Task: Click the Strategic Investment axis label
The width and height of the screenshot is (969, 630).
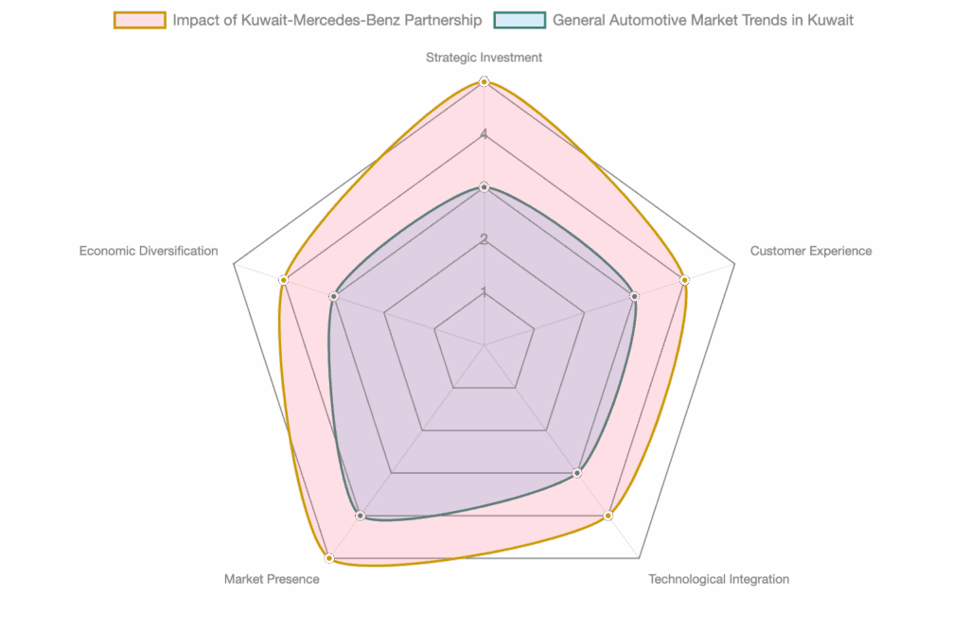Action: click(484, 58)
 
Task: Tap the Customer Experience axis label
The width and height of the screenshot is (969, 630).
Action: click(811, 252)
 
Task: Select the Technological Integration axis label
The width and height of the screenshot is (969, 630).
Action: click(718, 579)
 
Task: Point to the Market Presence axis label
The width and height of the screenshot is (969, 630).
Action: click(272, 579)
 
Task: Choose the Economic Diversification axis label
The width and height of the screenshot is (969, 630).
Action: click(149, 252)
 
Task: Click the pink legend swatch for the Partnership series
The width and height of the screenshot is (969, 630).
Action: click(139, 20)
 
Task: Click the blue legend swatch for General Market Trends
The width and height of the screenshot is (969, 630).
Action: click(520, 20)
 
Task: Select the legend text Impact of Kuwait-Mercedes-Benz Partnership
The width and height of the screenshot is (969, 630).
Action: click(327, 20)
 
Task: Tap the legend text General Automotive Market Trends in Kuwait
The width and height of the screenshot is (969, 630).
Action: click(703, 20)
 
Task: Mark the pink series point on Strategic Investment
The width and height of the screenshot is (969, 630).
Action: click(484, 82)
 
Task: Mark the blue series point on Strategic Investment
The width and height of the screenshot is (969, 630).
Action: click(484, 187)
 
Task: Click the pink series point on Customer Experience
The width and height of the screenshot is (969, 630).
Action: click(684, 280)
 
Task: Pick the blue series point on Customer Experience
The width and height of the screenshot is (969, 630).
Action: click(634, 296)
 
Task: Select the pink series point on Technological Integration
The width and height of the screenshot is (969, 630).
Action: click(608, 516)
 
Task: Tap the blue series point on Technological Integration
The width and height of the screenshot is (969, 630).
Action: click(577, 473)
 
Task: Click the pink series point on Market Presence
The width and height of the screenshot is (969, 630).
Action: click(329, 558)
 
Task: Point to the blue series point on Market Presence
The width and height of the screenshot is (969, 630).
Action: click(360, 516)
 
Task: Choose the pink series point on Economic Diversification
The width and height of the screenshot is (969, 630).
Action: click(283, 280)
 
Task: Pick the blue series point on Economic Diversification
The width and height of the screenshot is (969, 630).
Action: click(333, 296)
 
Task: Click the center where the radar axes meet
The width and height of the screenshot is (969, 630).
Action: click(484, 345)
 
